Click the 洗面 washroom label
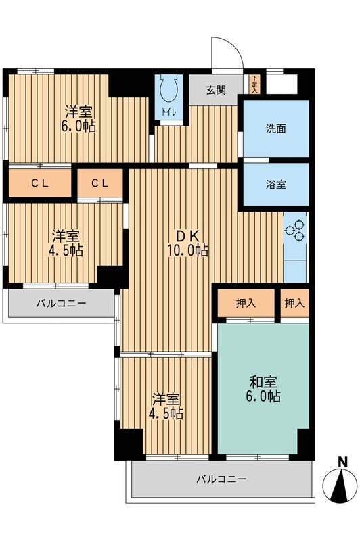(x=275, y=128)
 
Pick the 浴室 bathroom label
(x=275, y=183)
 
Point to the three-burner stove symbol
(x=296, y=230)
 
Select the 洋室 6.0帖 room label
(x=78, y=116)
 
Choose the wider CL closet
(x=39, y=183)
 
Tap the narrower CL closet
(x=99, y=183)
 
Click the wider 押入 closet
(x=246, y=304)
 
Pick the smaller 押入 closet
(x=294, y=304)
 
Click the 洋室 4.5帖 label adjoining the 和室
(x=166, y=405)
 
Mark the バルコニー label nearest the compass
(x=221, y=479)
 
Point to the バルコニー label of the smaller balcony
(x=61, y=304)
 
